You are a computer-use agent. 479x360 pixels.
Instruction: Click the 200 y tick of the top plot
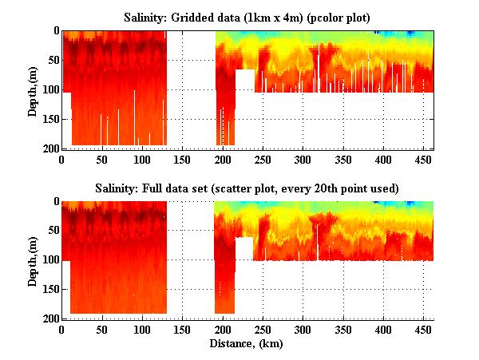(x=50, y=148)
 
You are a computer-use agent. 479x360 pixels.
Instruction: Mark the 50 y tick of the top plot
(x=53, y=61)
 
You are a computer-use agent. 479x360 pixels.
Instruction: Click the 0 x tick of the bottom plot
(x=62, y=328)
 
